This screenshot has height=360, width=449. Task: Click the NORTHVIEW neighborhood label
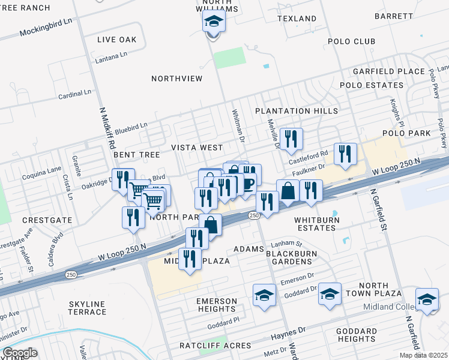(x=176, y=79)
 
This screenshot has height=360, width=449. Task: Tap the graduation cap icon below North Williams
(x=212, y=23)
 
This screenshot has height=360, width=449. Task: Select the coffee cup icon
(x=248, y=182)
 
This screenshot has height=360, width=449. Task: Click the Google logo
(x=20, y=353)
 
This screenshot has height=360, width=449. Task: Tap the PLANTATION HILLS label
(x=296, y=111)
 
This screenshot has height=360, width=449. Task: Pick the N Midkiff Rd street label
(x=110, y=129)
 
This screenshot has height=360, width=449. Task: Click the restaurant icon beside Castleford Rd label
(x=345, y=154)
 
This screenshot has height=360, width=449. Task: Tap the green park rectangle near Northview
(x=230, y=58)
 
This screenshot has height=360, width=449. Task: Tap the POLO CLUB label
(x=351, y=41)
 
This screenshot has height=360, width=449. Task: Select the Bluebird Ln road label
(x=131, y=127)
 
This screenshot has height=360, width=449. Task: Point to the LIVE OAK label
(x=117, y=39)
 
